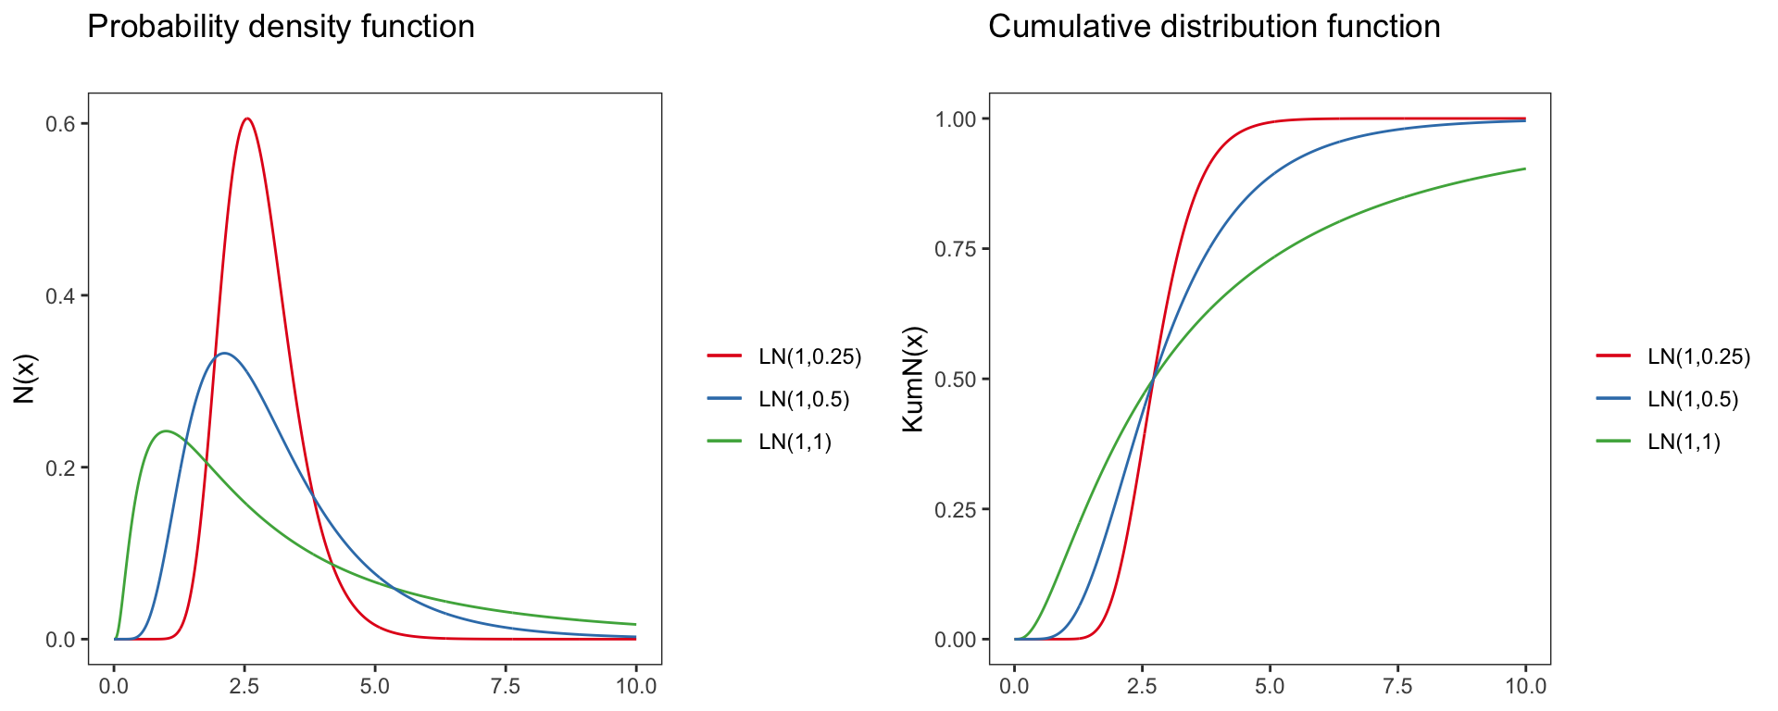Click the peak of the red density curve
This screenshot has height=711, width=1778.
[246, 118]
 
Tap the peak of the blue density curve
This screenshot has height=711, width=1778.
[224, 353]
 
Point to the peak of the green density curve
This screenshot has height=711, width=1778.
[166, 430]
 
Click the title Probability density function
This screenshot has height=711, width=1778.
[281, 27]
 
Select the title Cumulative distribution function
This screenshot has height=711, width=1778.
[1214, 27]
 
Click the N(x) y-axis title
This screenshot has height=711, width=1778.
[25, 379]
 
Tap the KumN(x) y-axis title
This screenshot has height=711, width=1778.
[913, 379]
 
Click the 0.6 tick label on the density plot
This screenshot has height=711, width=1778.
[60, 124]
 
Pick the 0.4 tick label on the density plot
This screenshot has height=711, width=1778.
[60, 296]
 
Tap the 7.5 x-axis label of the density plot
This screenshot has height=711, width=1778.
[506, 686]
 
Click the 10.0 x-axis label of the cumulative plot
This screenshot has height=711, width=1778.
[1525, 686]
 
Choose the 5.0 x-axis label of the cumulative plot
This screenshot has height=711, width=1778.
[1270, 686]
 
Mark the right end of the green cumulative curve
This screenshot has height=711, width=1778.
[1525, 168]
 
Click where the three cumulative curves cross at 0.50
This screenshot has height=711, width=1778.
[1153, 379]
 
